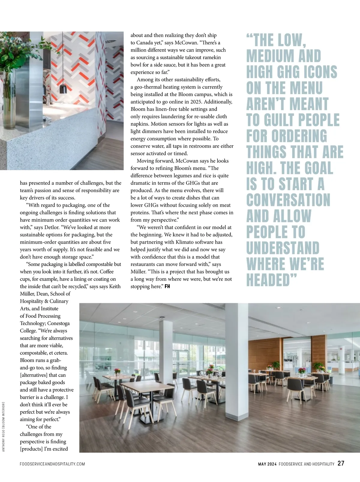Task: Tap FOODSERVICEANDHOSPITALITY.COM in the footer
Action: pyautogui.click(x=52, y=464)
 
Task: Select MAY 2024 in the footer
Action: pyautogui.click(x=267, y=464)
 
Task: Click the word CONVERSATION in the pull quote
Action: pyautogui.click(x=288, y=200)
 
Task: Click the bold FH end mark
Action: pyautogui.click(x=167, y=286)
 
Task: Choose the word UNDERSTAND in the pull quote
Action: pyautogui.click(x=283, y=248)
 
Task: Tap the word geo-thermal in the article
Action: pyautogui.click(x=148, y=87)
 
